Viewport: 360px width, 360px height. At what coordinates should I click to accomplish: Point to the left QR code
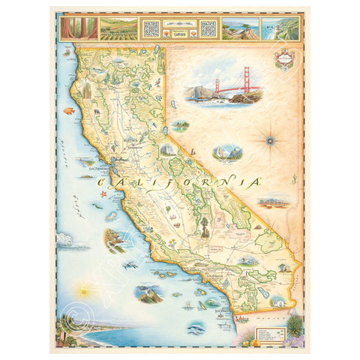[151, 28]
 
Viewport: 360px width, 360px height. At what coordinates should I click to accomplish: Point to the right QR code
[208, 28]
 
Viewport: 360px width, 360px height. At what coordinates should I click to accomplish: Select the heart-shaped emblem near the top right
[283, 60]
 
